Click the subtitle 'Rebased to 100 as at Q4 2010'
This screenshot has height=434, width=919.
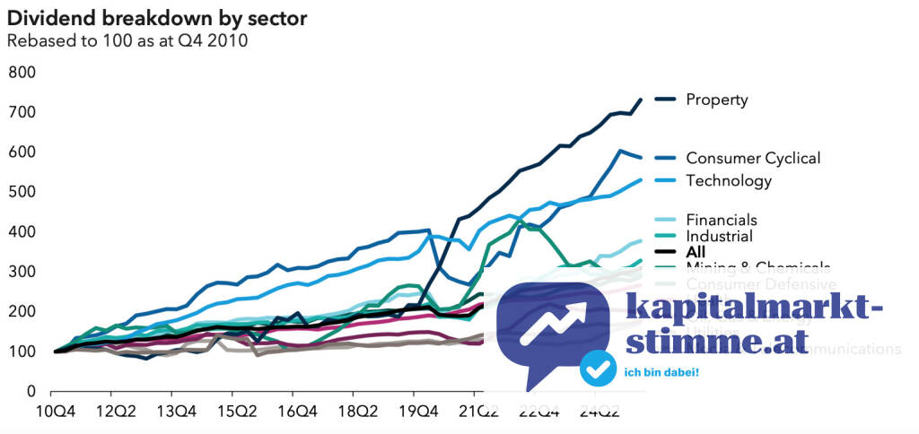point(127,39)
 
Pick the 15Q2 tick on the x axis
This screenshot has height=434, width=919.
point(232,414)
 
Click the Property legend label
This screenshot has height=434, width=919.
point(716,100)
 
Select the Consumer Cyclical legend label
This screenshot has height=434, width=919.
point(752,158)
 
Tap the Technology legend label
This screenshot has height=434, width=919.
point(728,180)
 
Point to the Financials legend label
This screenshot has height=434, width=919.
point(721,220)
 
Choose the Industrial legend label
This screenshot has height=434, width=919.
point(719,236)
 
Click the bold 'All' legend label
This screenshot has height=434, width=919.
point(696,252)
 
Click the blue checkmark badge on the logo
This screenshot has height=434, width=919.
point(597,368)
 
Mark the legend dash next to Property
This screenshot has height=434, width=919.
point(665,100)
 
